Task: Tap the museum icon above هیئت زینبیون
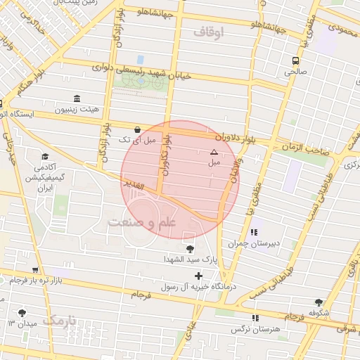(77, 99)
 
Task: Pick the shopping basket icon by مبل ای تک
(137, 130)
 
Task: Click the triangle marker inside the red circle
(214, 152)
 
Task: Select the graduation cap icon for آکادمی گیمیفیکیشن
(46, 156)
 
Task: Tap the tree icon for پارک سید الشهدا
(190, 248)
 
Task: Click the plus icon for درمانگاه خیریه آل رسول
(198, 276)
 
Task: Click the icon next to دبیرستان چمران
(254, 232)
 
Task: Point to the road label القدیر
(131, 185)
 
